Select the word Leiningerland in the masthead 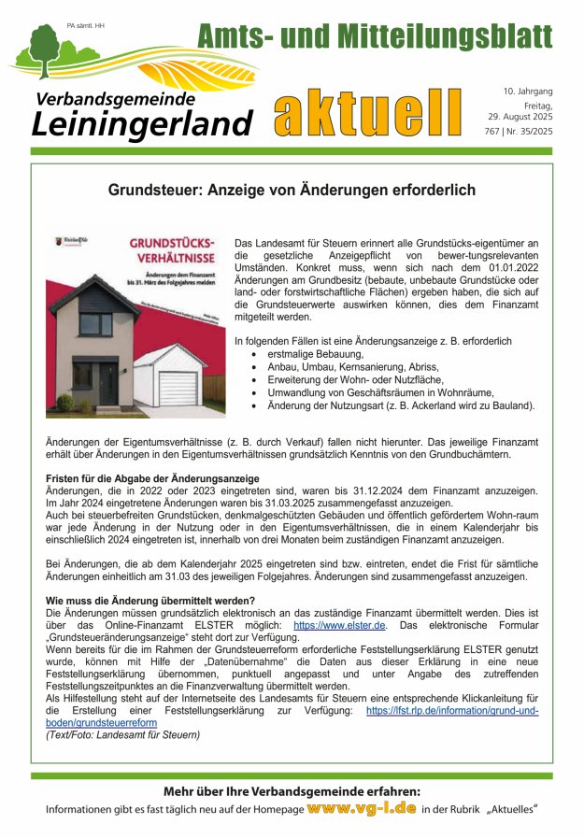(x=142, y=122)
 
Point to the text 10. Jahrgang (x=528, y=92)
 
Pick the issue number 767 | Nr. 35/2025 (x=527, y=132)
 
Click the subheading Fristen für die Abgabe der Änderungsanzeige (x=152, y=477)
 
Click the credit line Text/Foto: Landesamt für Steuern (x=122, y=735)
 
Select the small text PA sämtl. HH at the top (x=87, y=25)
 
